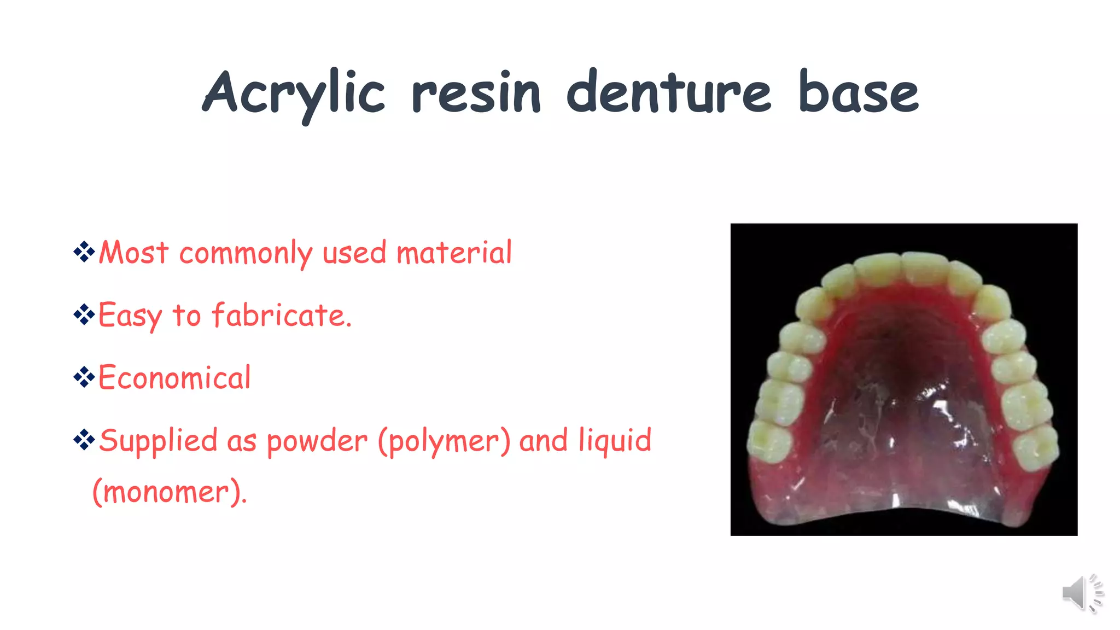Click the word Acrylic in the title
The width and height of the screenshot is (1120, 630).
click(x=294, y=94)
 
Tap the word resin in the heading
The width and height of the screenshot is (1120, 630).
click(x=476, y=94)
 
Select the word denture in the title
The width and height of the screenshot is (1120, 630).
click(x=668, y=93)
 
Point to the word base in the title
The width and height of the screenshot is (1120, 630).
click(x=858, y=93)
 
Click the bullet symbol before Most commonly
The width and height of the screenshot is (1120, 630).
click(x=84, y=252)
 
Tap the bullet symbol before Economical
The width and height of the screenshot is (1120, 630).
click(x=84, y=377)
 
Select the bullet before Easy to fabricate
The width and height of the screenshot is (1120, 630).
click(x=84, y=314)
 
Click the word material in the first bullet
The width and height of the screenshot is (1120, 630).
click(x=454, y=253)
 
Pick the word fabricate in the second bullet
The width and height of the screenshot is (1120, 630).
click(x=281, y=316)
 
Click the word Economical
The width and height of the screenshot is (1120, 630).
click(x=174, y=378)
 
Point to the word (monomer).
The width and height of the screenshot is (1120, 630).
click(x=169, y=492)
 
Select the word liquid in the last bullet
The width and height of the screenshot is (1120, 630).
click(x=615, y=441)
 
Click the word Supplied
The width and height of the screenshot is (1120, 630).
click(x=158, y=441)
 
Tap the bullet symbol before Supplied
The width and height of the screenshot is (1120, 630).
click(x=84, y=439)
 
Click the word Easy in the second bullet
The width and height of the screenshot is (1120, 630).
click(x=130, y=316)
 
